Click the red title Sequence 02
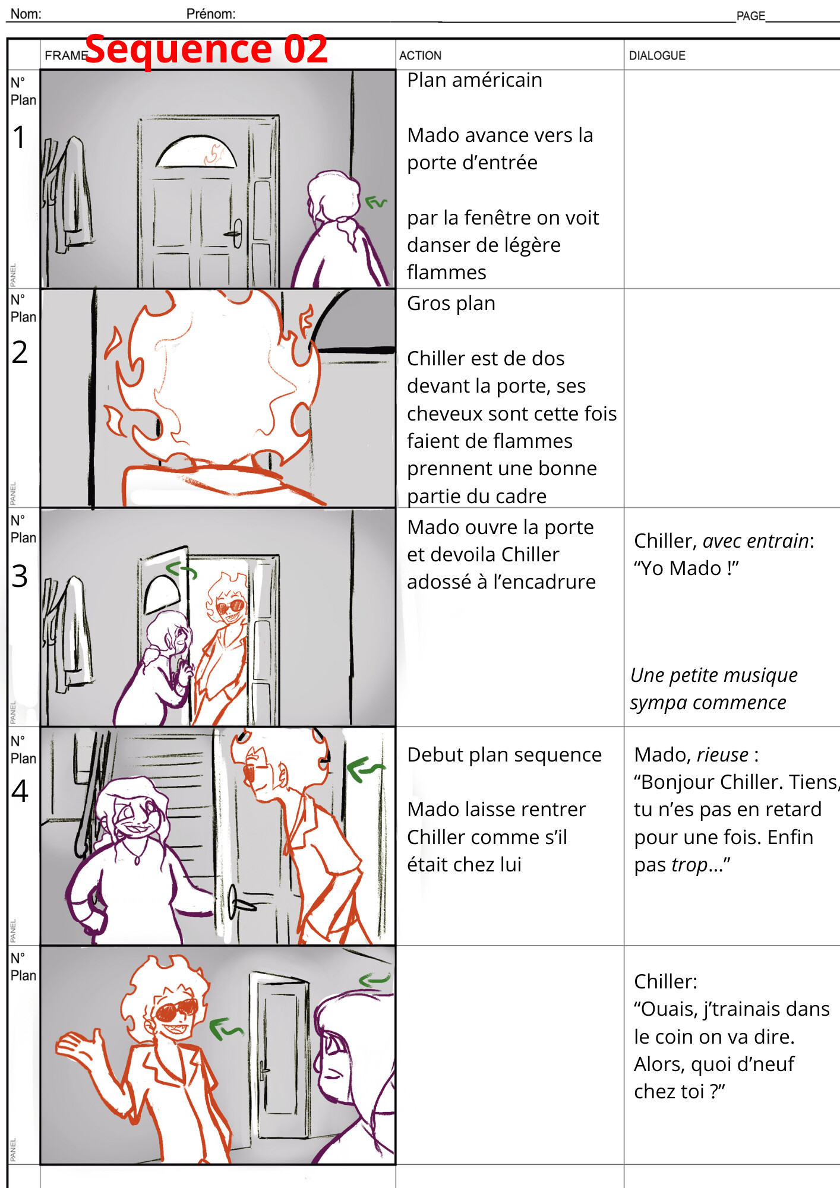click(x=206, y=49)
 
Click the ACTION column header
click(x=420, y=56)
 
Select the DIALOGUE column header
click(x=656, y=56)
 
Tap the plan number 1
click(x=20, y=137)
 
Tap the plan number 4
click(x=20, y=791)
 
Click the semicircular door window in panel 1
click(x=196, y=153)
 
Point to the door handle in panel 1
click(x=235, y=233)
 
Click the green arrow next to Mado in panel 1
click(x=375, y=203)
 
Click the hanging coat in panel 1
click(x=72, y=190)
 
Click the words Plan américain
click(x=474, y=80)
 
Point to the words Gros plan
click(x=451, y=304)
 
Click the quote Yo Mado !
click(x=686, y=568)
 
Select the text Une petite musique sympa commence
click(x=713, y=689)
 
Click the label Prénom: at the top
click(x=210, y=14)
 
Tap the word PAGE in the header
click(x=750, y=16)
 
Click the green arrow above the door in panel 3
click(x=181, y=570)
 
